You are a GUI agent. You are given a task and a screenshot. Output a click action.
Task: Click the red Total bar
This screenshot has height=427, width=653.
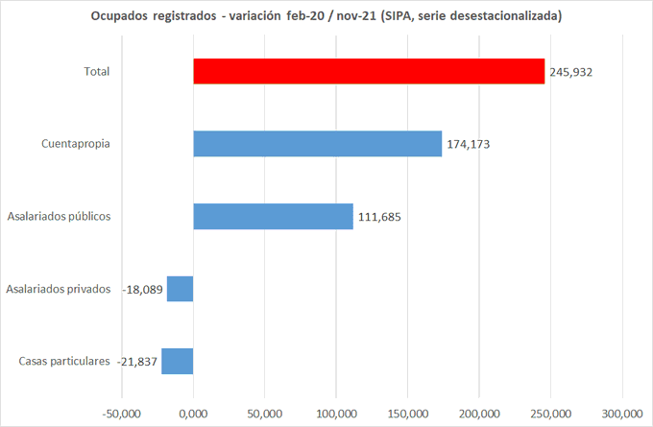(x=369, y=71)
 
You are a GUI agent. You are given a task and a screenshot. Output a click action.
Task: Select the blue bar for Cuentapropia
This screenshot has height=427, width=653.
(x=317, y=144)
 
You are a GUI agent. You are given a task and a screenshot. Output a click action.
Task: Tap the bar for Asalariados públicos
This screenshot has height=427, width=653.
(x=273, y=216)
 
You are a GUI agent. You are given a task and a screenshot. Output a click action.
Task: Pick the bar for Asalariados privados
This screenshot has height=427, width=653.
(x=181, y=289)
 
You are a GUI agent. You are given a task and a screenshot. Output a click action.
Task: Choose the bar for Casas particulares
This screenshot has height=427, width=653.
(x=178, y=361)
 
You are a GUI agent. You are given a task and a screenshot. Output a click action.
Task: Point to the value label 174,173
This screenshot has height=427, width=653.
(x=469, y=145)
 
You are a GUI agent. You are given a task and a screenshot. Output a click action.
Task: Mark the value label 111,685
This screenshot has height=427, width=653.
(x=379, y=217)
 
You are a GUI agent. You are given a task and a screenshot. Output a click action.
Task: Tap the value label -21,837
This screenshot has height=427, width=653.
(x=137, y=362)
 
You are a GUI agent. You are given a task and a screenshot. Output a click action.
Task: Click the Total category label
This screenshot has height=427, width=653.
(x=97, y=71)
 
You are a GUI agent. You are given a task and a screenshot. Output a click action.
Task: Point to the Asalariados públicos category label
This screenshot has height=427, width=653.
(x=59, y=216)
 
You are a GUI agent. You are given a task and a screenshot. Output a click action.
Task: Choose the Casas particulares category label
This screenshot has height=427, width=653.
(x=64, y=362)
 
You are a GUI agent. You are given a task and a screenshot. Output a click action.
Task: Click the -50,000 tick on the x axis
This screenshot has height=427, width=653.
(x=122, y=414)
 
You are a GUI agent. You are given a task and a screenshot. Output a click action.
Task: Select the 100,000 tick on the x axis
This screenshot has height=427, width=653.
(x=336, y=414)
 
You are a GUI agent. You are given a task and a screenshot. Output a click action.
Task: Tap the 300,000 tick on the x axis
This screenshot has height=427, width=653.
(x=622, y=414)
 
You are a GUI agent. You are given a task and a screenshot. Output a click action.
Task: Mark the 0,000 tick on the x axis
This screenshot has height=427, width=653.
(x=194, y=414)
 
